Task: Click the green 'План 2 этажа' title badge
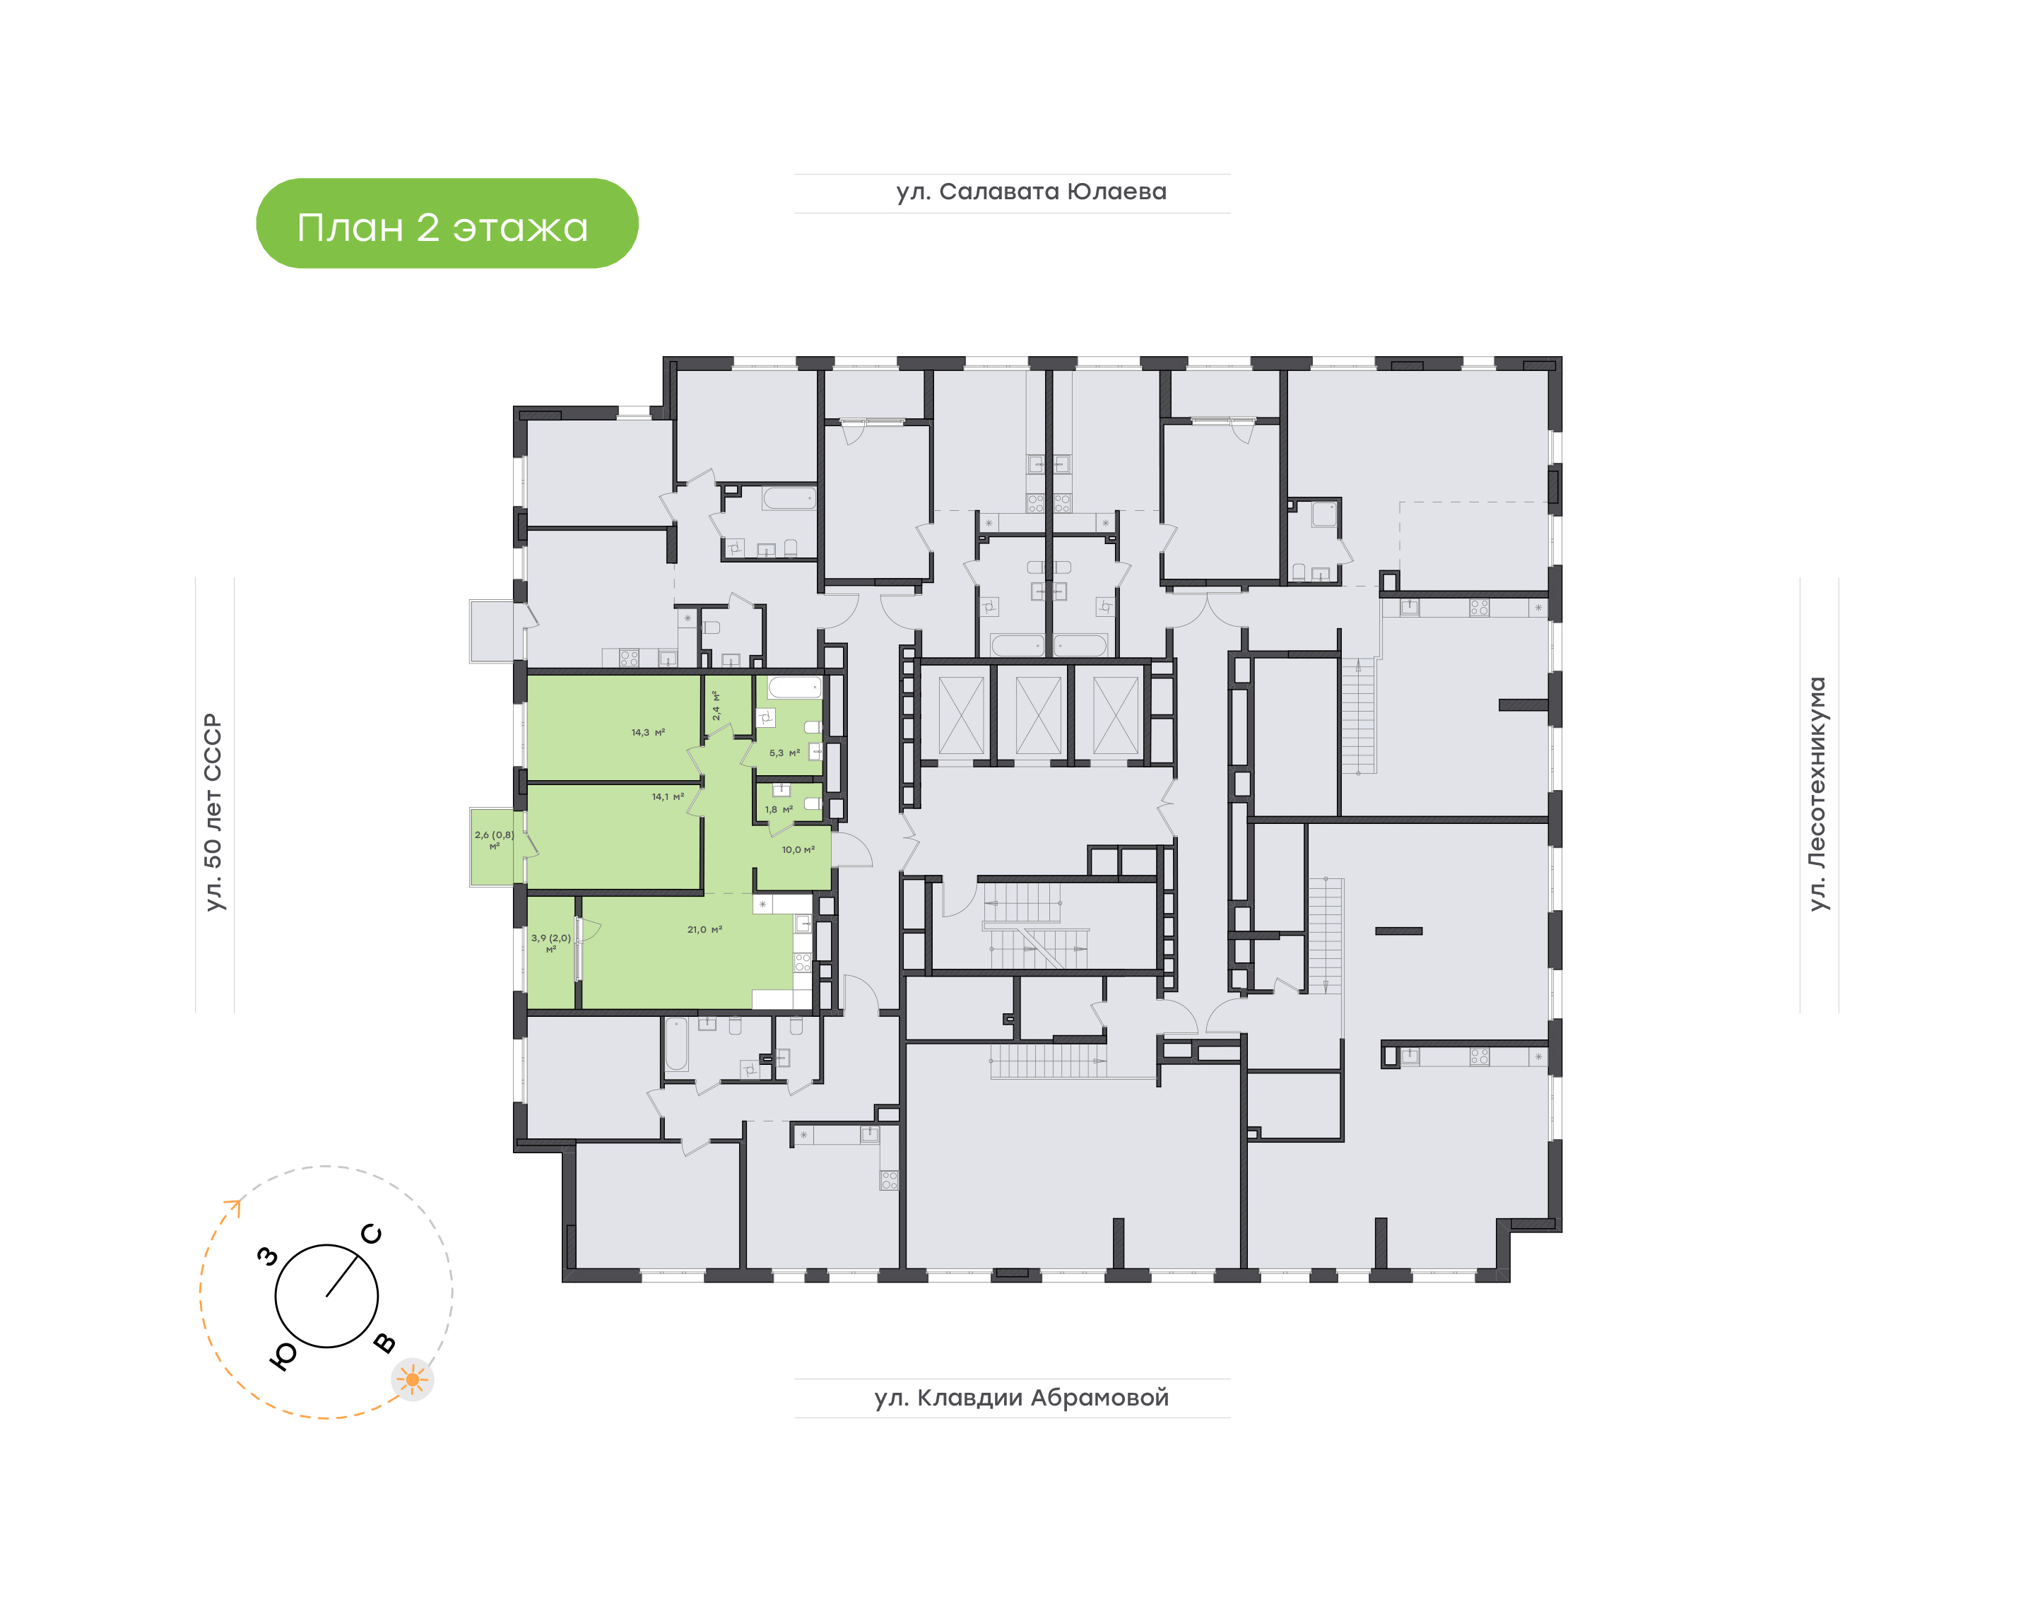tap(447, 223)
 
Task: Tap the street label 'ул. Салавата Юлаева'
tap(1031, 191)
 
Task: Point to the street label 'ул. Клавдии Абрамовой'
tap(1022, 1398)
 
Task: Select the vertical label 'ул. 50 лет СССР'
tap(213, 812)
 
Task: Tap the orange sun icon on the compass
tap(412, 1379)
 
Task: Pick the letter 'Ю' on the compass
tap(283, 1357)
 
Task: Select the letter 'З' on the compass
tap(269, 1256)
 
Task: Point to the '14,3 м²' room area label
tap(648, 732)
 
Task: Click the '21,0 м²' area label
tap(704, 929)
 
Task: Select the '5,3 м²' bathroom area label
tap(784, 753)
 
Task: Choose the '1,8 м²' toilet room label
tap(779, 810)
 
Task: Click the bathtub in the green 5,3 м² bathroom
tap(794, 688)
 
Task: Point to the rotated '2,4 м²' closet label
tap(716, 705)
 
